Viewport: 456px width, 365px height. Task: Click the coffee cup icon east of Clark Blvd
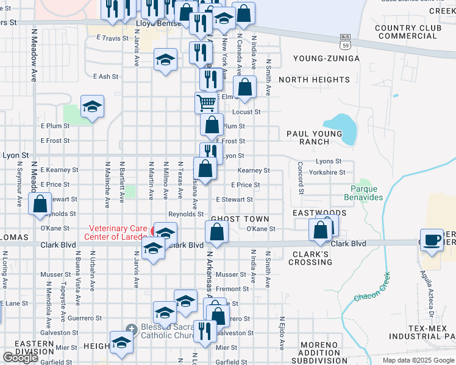pos(432,239)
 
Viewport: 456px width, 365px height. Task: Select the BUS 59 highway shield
pos(344,41)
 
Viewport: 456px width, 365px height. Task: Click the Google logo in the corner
pos(20,358)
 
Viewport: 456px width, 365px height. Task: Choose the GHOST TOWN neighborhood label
pos(240,218)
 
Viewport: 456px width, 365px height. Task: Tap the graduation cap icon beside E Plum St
pos(93,107)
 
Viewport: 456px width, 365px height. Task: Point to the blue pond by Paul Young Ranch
pos(345,128)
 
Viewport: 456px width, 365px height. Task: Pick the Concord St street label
pos(301,178)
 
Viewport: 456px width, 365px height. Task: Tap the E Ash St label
pos(105,77)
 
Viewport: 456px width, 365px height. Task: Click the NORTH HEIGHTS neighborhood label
pos(314,80)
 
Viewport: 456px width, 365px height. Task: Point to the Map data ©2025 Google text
pos(417,360)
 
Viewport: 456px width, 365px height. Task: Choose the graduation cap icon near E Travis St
pos(165,60)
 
